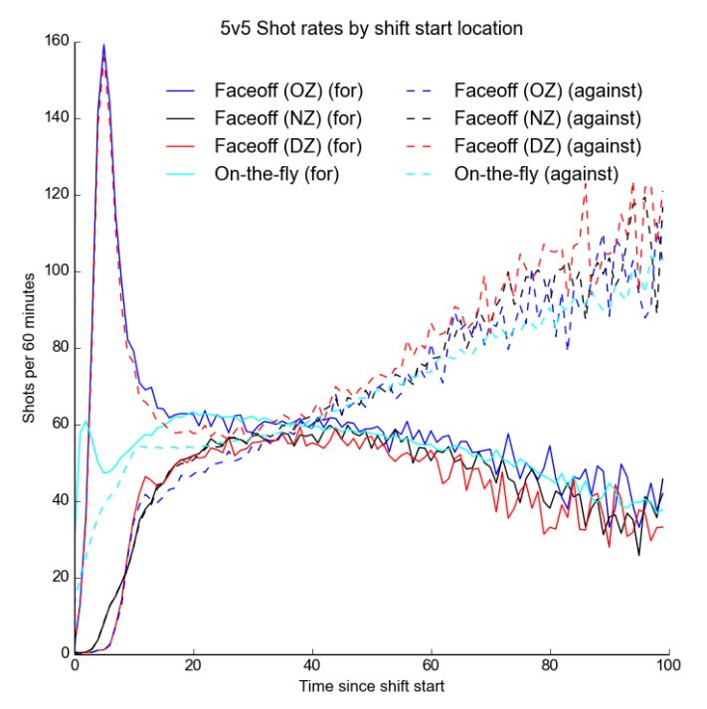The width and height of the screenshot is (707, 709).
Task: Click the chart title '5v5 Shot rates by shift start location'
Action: point(371,29)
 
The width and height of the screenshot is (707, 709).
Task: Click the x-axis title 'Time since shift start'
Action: point(371,687)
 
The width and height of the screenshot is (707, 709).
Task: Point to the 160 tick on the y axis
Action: point(58,42)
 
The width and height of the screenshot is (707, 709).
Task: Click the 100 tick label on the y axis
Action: point(58,271)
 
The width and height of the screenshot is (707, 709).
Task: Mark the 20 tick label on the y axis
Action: point(61,578)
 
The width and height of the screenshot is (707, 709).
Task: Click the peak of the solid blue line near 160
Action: point(103,45)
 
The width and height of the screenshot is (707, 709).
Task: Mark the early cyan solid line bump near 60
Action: point(87,422)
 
